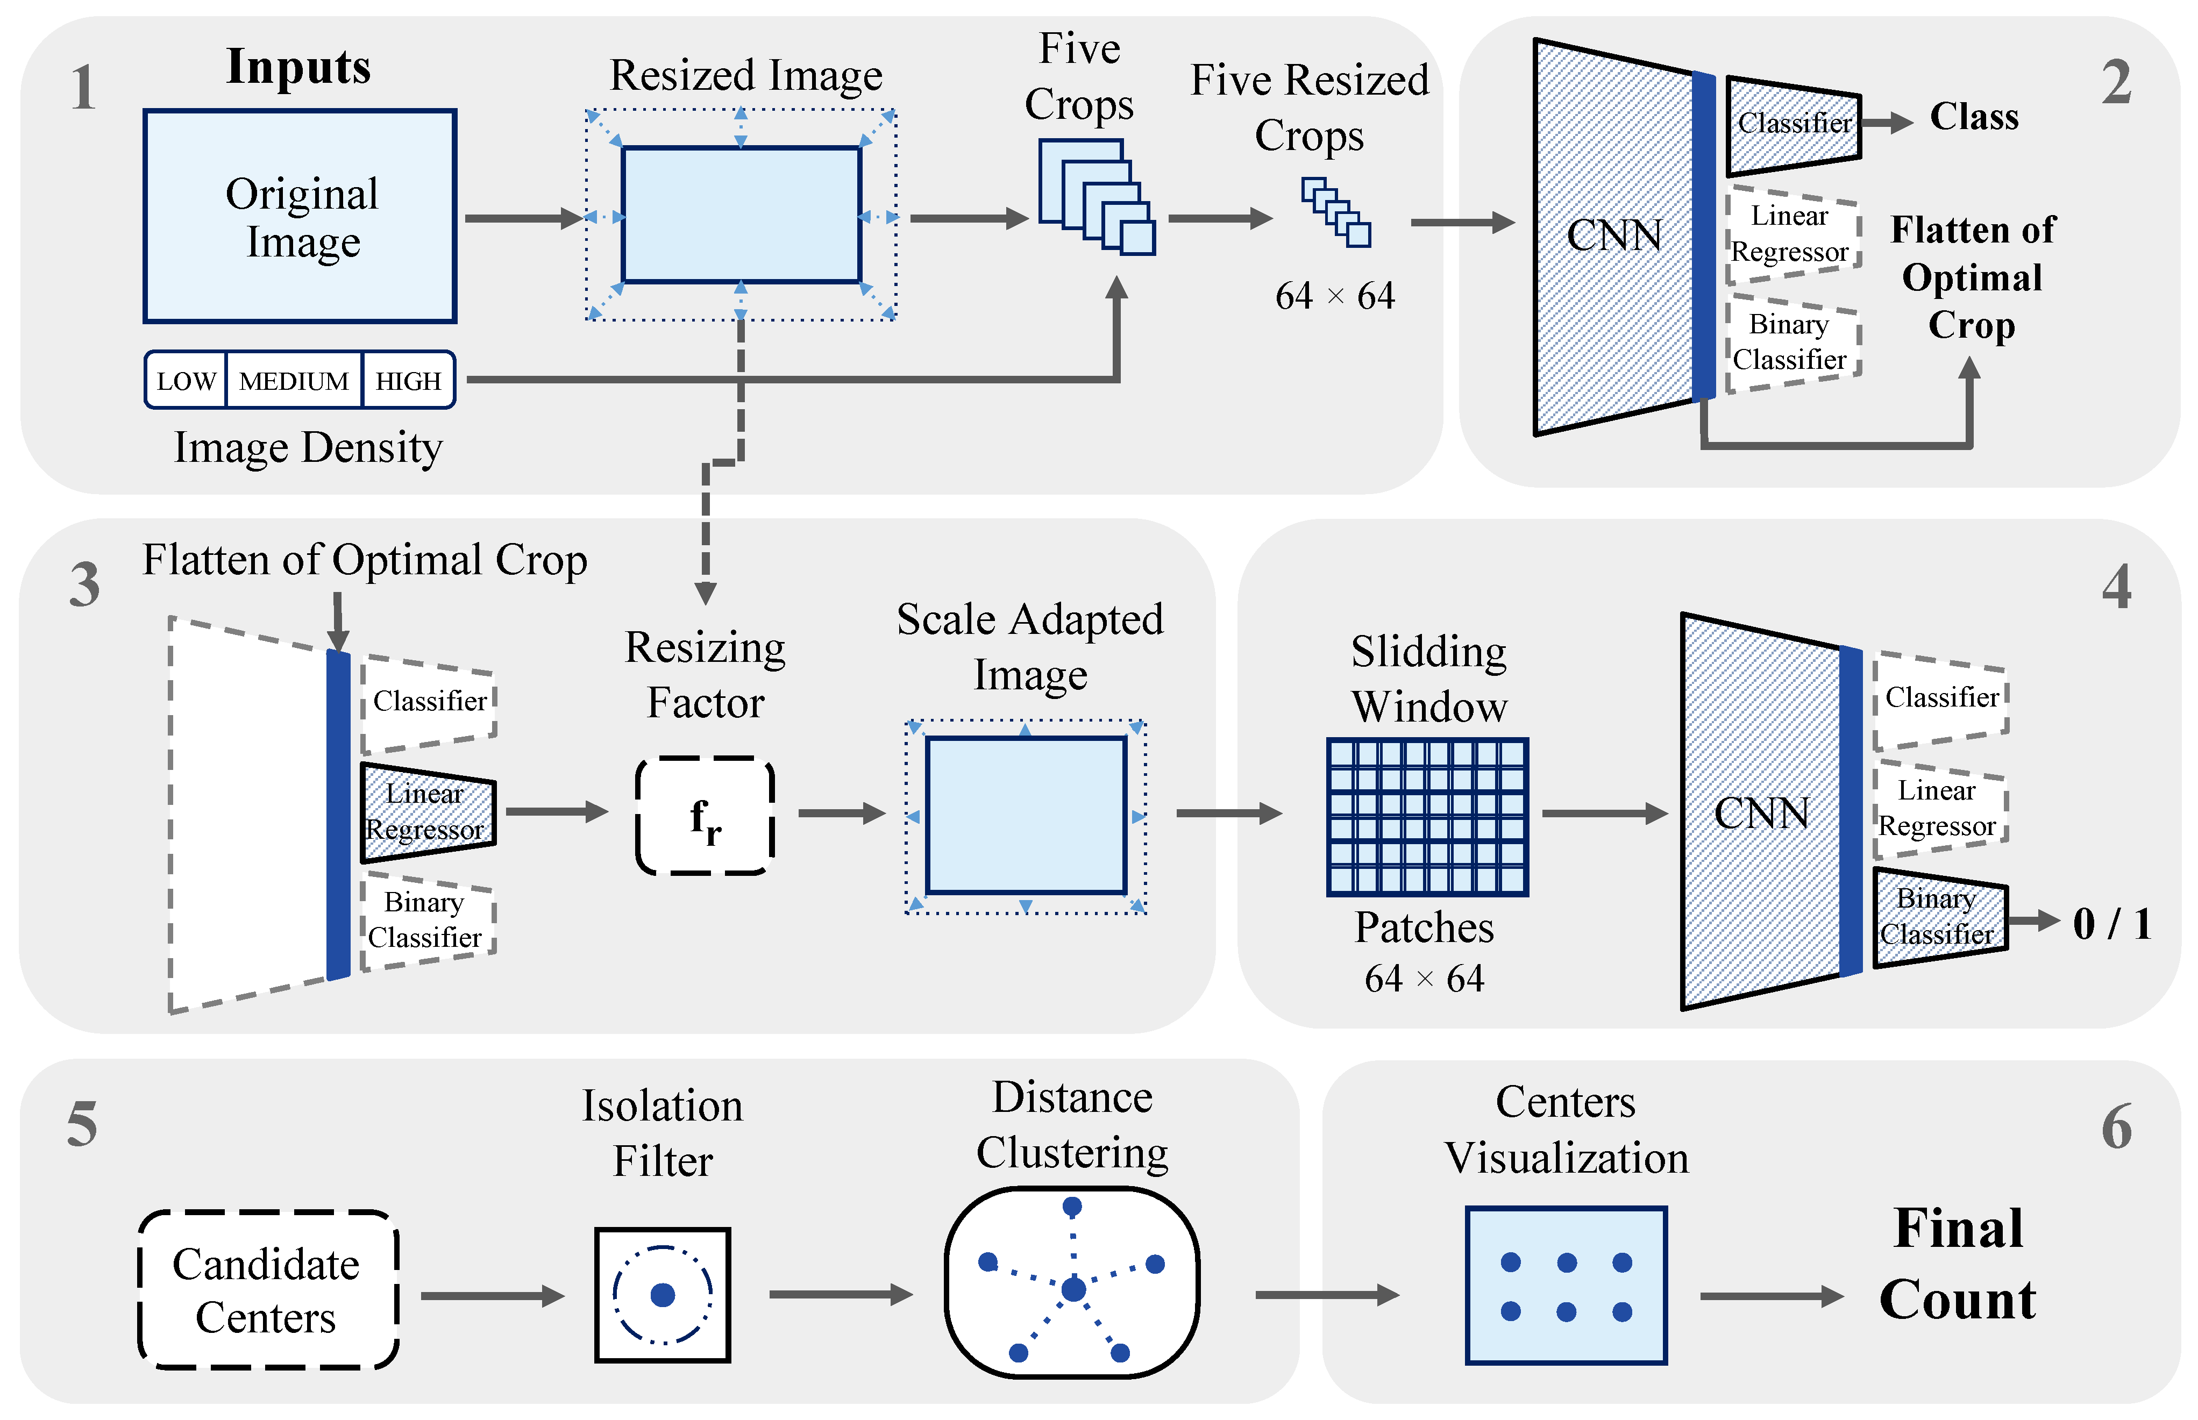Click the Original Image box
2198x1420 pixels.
(300, 217)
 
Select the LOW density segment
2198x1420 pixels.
(186, 380)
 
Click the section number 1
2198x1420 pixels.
(83, 89)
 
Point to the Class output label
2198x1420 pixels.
(1973, 117)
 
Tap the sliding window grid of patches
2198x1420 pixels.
(1427, 816)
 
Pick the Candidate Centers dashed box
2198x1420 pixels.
(267, 1289)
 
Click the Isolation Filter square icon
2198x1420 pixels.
(662, 1295)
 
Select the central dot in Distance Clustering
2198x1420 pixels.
(1073, 1289)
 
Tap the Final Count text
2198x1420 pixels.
(1957, 1263)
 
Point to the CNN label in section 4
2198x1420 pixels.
(1760, 814)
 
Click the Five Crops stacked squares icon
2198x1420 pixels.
(1096, 196)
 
